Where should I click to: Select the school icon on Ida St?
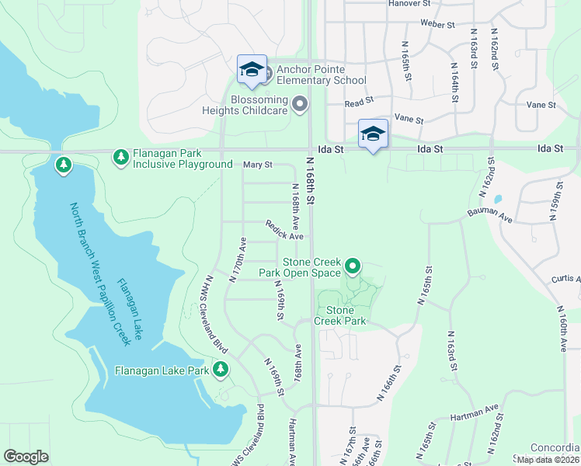(373, 134)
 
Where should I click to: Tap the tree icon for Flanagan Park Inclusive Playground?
(120, 158)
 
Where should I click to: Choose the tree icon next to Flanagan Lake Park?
(221, 369)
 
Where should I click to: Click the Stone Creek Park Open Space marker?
(353, 267)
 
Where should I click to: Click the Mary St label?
(258, 165)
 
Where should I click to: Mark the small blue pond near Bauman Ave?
(497, 198)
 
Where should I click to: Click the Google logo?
(26, 456)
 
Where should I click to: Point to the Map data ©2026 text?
(548, 459)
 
